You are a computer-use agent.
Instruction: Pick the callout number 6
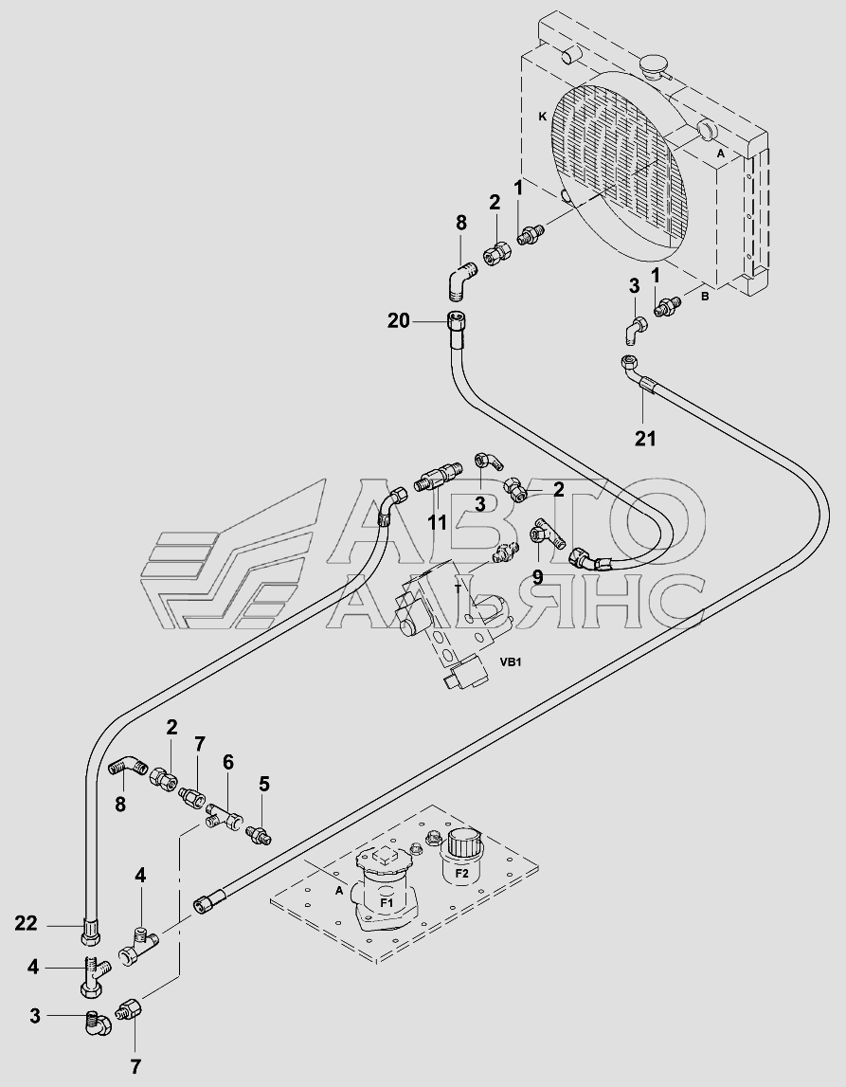(228, 762)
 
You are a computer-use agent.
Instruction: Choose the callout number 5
(264, 784)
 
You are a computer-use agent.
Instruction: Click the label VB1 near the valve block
(510, 662)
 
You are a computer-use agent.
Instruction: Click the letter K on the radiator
(543, 117)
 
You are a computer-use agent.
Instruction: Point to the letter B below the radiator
(704, 296)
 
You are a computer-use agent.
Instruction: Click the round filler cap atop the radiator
(653, 67)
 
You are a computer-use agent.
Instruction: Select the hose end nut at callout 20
(456, 322)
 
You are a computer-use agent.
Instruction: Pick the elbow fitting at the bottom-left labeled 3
(98, 1024)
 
